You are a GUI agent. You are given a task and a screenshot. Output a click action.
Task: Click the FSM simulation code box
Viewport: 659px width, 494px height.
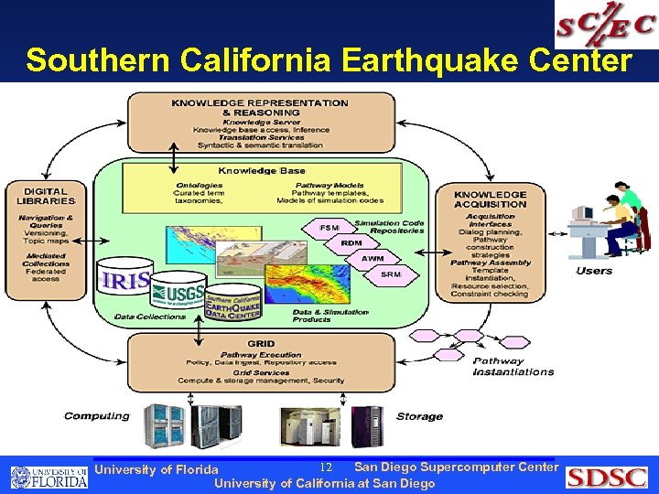329,227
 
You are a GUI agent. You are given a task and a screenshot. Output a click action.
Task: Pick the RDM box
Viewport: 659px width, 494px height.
351,242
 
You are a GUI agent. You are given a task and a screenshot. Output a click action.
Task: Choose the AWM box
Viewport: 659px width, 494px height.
372,258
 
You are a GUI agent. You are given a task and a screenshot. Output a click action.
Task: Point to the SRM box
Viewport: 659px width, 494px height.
391,274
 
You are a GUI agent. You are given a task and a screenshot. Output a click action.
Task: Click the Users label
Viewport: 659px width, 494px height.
594,271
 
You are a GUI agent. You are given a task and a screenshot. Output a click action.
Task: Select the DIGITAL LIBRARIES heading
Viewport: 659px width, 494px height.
46,196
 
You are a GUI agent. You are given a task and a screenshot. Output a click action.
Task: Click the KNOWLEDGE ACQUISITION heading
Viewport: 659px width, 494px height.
491,199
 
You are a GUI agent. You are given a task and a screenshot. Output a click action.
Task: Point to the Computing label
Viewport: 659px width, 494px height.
97,416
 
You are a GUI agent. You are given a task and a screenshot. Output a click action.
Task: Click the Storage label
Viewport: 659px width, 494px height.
419,416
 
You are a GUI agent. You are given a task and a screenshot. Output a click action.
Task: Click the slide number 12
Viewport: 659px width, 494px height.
325,467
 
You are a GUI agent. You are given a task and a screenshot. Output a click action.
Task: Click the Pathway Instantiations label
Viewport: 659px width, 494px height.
513,367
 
